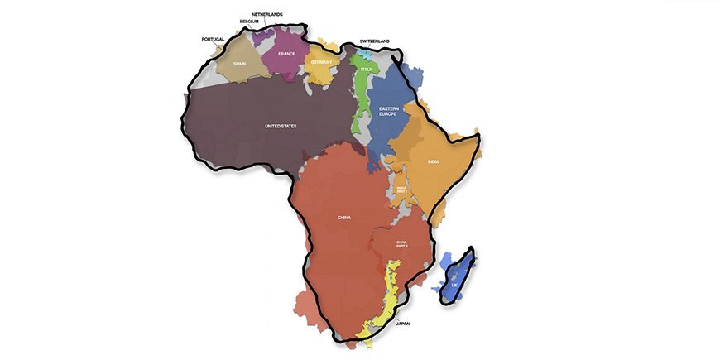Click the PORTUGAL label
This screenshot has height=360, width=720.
coord(213,39)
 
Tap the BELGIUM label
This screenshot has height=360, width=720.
coord(249,22)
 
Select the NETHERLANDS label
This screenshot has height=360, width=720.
coord(267,14)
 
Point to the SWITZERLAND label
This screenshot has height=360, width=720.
coord(374,41)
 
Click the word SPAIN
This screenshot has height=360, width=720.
coord(240,63)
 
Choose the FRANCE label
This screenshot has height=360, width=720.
coord(286,54)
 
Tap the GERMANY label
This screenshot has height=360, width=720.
coord(321,62)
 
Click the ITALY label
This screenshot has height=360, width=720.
coord(366,70)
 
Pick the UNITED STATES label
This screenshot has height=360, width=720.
coord(280,126)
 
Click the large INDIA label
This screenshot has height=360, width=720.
coord(433,161)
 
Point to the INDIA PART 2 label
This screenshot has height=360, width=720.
coord(401,190)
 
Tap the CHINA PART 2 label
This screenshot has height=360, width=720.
coord(401,243)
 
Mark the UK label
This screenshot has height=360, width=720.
coord(454,286)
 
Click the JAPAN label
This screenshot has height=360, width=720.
coord(403,324)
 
